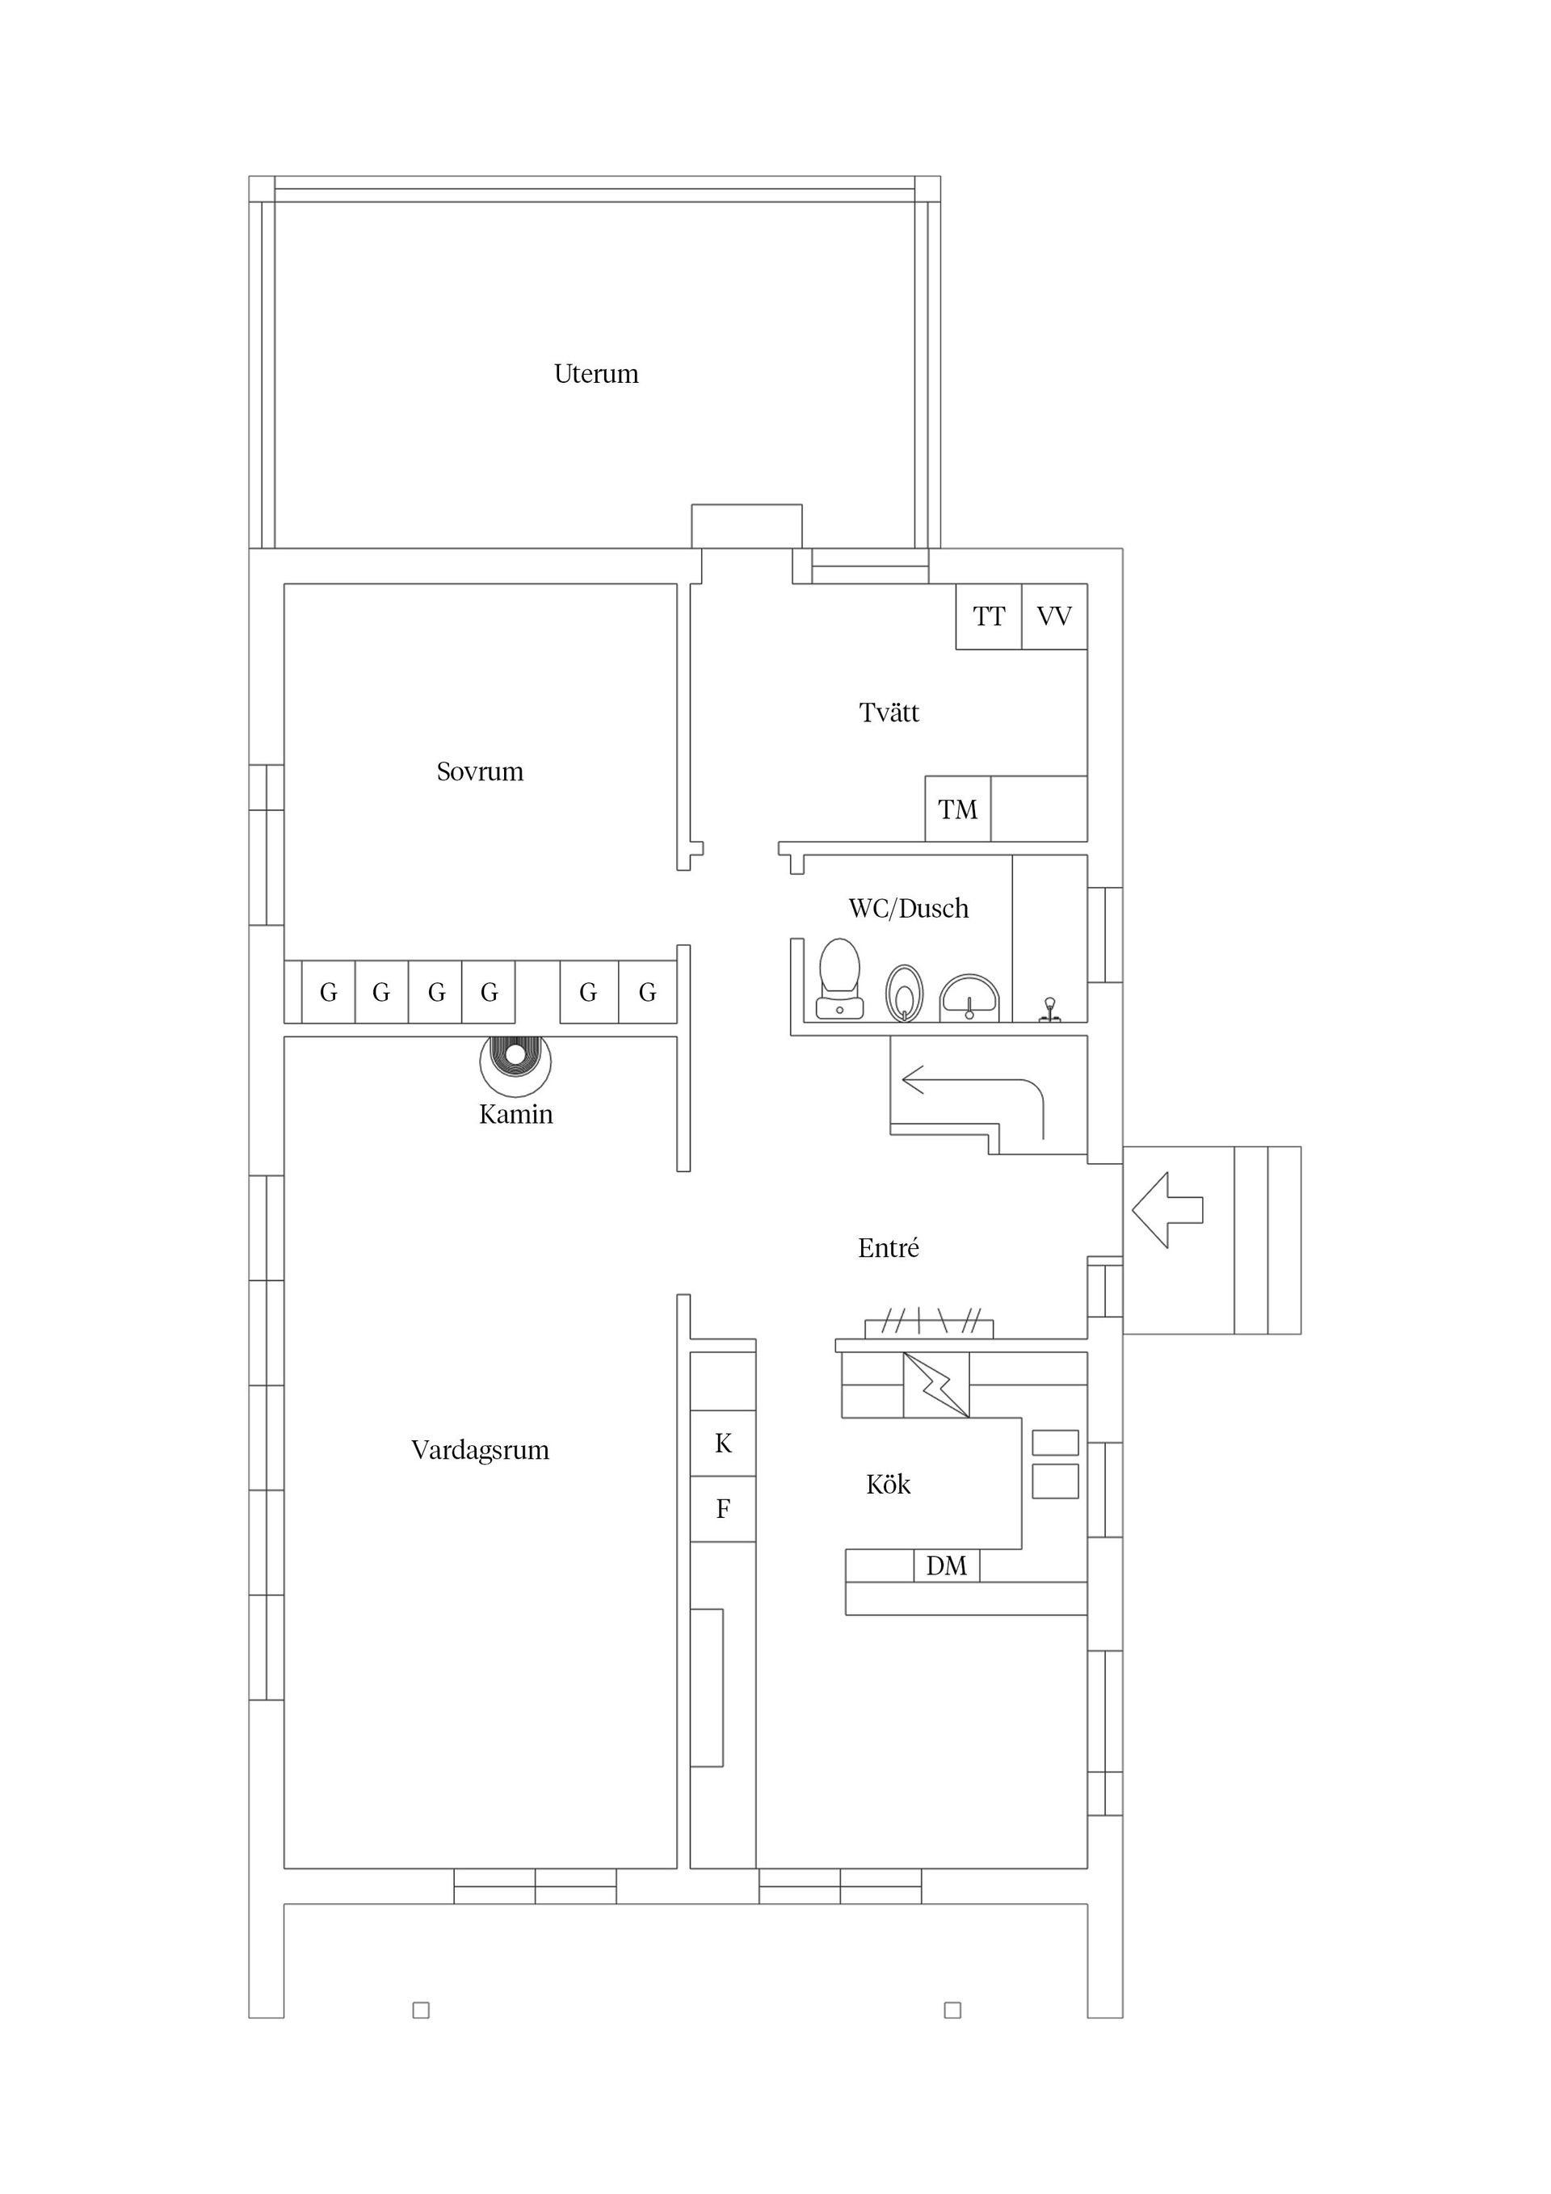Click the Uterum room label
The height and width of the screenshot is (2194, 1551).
(595, 374)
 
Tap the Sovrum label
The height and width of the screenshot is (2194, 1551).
(480, 771)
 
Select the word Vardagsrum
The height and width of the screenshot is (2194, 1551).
(480, 1451)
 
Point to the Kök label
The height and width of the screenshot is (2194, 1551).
(888, 1484)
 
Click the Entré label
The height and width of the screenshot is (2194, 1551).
(888, 1247)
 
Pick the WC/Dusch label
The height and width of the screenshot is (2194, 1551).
(908, 908)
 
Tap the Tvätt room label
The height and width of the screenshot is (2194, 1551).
(889, 712)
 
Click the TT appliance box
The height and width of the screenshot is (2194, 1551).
(989, 616)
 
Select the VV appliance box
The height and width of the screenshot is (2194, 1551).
(1055, 616)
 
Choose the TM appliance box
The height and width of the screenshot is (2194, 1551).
(957, 809)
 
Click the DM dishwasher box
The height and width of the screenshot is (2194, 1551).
(946, 1566)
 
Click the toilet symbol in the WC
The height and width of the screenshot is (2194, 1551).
(839, 978)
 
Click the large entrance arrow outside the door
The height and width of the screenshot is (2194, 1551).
(1166, 1210)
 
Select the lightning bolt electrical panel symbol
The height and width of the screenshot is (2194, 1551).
(936, 1385)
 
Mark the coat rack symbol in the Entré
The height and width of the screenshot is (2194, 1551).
(929, 1322)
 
